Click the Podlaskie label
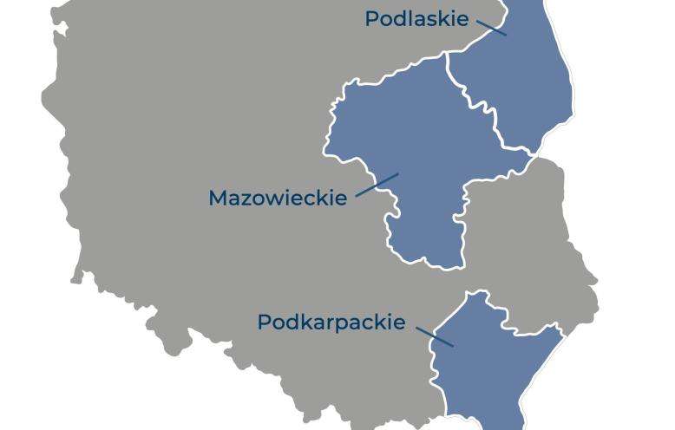point(416,19)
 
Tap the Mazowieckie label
point(278,198)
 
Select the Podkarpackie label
point(331,322)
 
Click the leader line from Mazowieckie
point(377,185)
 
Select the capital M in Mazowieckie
point(219,198)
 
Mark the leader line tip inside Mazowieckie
point(397,174)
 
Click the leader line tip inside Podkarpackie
point(452,346)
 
